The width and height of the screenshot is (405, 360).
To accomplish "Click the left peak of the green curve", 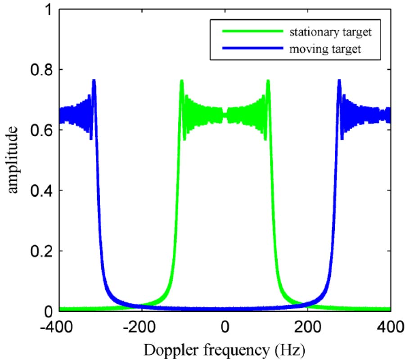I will (182, 81).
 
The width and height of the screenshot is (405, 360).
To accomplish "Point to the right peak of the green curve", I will (268, 81).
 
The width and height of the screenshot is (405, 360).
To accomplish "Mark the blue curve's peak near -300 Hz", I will (94, 81).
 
